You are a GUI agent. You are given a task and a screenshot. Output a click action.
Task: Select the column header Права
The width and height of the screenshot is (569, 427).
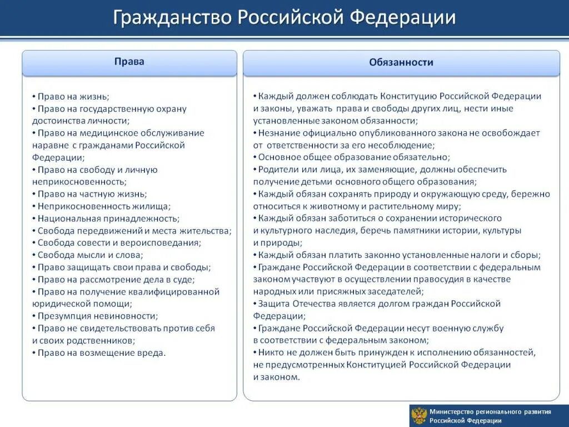pos(129,62)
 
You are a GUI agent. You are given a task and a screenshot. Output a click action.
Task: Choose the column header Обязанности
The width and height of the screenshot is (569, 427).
pos(401,62)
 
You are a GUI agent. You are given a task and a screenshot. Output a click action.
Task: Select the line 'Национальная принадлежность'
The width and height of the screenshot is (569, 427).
pos(108,219)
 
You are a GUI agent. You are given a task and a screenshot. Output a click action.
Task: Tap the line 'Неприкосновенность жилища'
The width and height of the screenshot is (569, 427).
pos(104,206)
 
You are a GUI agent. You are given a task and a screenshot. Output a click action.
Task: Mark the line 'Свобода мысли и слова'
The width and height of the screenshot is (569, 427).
pos(90,255)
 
